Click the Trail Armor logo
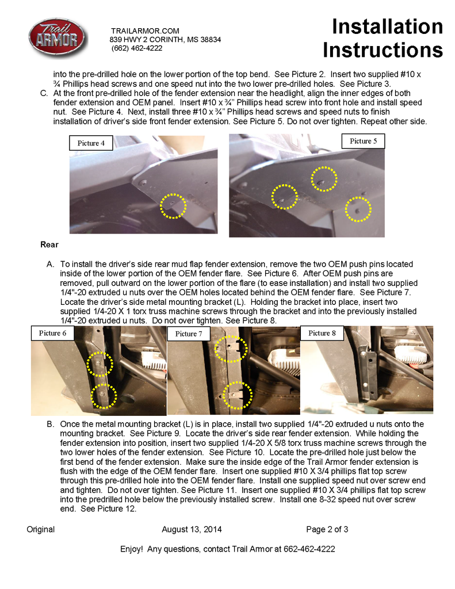tap(58, 39)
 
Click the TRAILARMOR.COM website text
tap(145, 30)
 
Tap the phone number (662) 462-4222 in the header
tap(136, 48)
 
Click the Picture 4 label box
tap(91, 143)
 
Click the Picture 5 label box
tap(364, 141)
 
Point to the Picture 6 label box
tap(53, 333)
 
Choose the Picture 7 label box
tap(189, 334)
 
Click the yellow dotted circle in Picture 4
tap(173, 205)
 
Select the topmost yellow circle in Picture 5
tap(324, 178)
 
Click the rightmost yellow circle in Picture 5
tap(358, 209)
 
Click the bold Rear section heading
tap(49, 244)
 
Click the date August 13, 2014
tap(192, 529)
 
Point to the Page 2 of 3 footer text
tap(327, 529)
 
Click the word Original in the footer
tap(41, 529)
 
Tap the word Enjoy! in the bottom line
tap(131, 549)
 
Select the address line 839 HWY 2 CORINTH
tap(165, 40)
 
